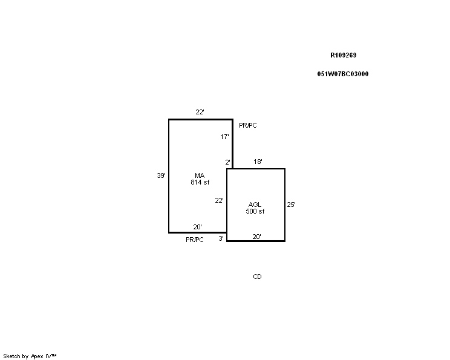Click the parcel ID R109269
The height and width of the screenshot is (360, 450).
343,55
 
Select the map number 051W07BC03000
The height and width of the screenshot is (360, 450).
343,74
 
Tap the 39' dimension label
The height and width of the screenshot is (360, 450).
161,175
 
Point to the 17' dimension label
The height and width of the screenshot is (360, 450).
225,137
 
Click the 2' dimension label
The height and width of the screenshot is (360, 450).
227,162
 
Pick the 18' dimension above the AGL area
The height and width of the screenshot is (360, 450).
258,162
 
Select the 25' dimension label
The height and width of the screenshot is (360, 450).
292,205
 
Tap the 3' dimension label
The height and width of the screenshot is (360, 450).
221,238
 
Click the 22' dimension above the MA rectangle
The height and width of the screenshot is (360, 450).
200,112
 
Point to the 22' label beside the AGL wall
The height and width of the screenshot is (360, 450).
220,200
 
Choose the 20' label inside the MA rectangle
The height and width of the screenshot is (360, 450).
197,227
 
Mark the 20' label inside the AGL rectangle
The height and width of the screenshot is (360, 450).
257,237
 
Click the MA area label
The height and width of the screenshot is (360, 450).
200,175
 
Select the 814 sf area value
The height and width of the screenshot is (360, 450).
200,182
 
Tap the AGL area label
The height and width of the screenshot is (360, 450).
255,205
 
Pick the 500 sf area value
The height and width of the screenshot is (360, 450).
255,211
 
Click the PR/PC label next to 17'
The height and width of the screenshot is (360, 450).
248,125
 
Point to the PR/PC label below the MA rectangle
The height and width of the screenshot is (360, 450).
195,240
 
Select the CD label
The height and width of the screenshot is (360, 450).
258,277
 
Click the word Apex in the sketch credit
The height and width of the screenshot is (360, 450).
37,356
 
